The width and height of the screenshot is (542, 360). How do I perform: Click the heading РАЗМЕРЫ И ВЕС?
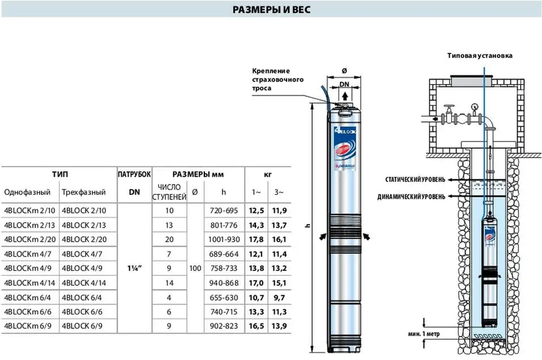point(272,9)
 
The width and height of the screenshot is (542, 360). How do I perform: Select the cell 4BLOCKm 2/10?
point(30,211)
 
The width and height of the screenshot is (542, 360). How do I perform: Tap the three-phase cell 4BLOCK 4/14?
point(84,283)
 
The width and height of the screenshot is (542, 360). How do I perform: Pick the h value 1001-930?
point(224,239)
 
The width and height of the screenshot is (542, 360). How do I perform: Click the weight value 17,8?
point(256,239)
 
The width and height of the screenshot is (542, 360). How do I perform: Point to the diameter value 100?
point(195,268)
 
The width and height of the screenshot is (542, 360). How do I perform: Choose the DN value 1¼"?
point(135,268)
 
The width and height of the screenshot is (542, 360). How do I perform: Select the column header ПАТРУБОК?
point(135,174)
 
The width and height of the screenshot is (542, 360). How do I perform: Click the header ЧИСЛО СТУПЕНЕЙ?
point(169,192)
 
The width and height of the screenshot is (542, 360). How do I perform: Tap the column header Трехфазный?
point(83,192)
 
